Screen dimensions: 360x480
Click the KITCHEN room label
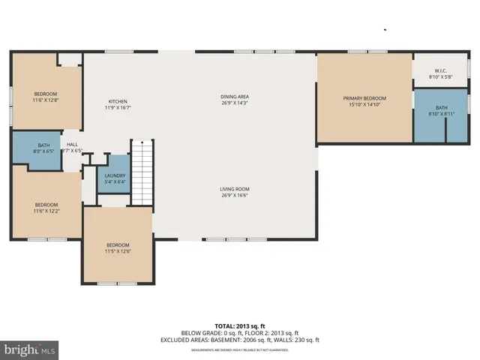(118, 101)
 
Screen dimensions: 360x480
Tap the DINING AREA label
(234, 97)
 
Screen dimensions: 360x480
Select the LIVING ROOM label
(234, 189)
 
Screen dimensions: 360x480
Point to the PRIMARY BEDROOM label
(364, 99)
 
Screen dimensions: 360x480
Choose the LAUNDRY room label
(115, 175)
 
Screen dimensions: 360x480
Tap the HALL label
(72, 145)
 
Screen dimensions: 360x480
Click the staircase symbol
(142, 172)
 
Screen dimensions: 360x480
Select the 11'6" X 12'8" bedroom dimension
(46, 100)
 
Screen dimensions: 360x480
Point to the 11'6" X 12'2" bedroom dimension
(46, 211)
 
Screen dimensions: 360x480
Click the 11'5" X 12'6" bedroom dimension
(118, 251)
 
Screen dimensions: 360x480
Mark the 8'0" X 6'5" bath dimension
(44, 151)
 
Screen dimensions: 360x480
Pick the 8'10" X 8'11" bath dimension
(442, 114)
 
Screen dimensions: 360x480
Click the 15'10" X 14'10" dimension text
(364, 105)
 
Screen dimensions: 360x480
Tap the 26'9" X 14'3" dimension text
(234, 103)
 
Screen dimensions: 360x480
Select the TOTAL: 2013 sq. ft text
(239, 326)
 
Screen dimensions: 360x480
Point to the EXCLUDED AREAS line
(239, 340)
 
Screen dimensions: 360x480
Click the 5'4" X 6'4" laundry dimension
(115, 181)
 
